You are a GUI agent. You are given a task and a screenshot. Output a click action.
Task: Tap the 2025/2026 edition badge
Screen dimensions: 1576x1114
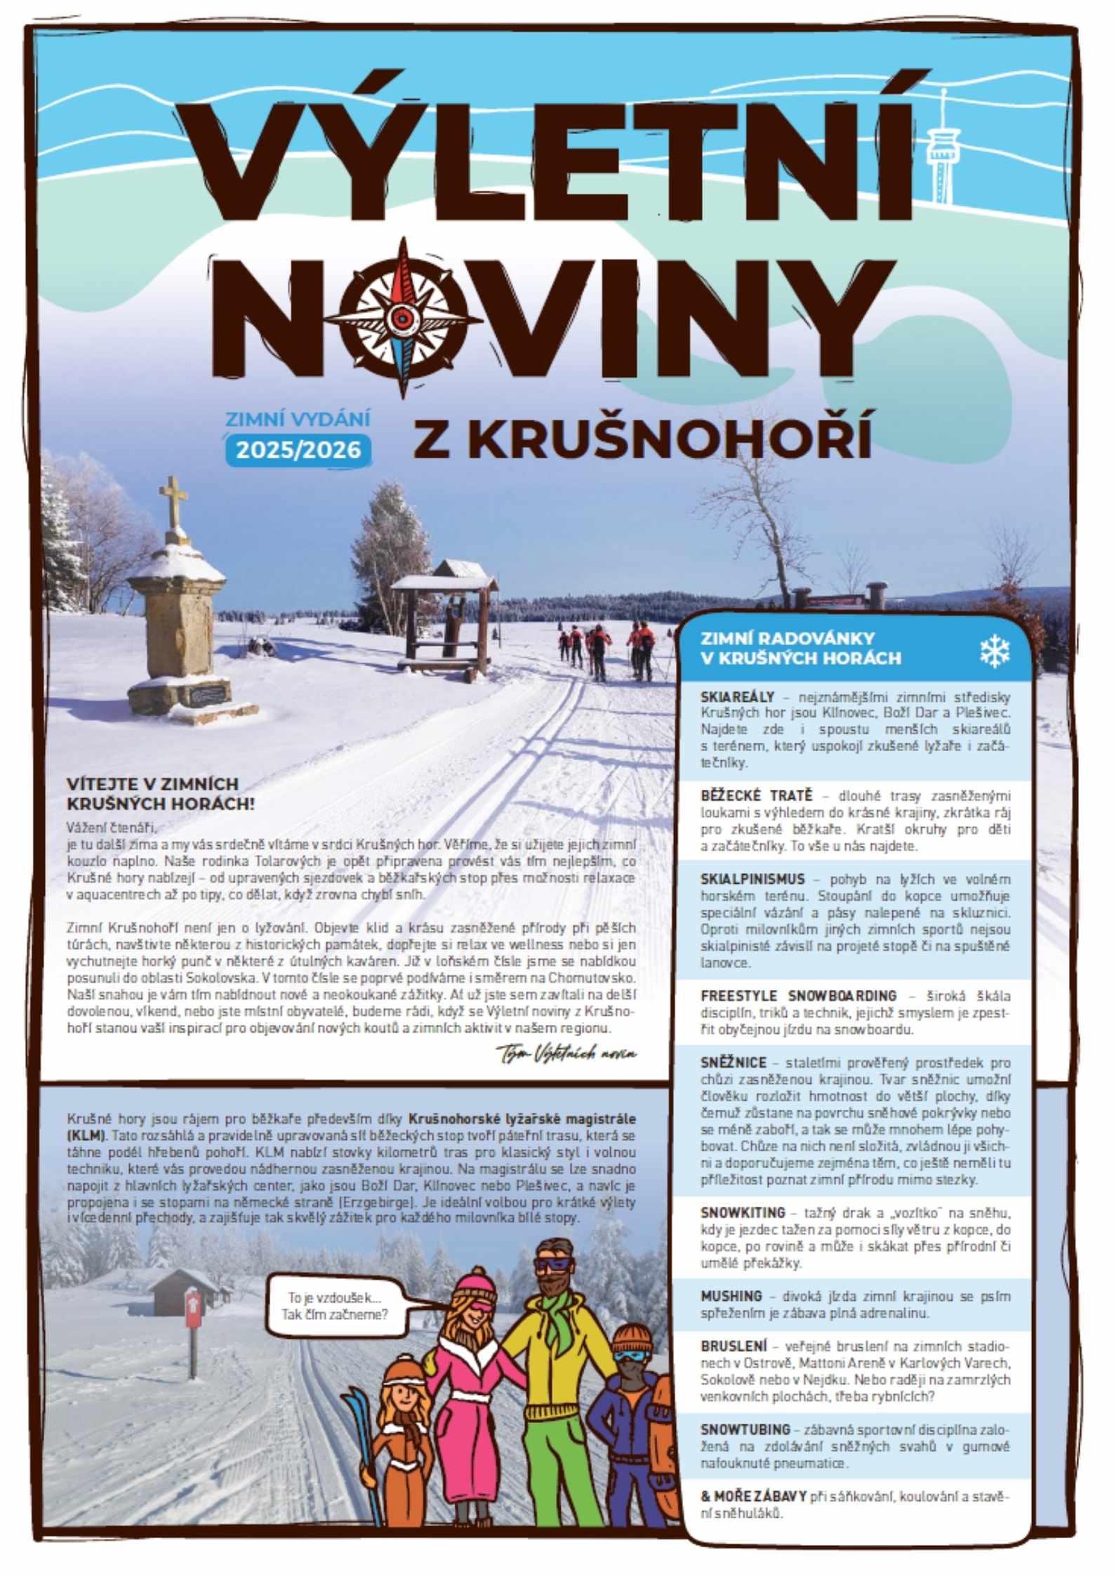tap(298, 449)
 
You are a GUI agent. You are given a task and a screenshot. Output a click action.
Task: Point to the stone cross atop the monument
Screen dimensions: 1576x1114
tap(173, 502)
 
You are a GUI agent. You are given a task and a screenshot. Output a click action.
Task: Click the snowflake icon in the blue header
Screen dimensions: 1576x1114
tap(994, 651)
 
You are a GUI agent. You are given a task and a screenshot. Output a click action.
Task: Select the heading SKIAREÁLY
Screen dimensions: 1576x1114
tap(737, 697)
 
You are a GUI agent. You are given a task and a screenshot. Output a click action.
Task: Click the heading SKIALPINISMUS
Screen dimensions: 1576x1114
tap(752, 879)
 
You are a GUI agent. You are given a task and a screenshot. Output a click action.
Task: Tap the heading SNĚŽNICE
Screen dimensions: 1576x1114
tap(734, 1063)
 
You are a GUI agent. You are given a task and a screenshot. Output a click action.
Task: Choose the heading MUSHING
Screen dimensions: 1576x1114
tap(731, 1296)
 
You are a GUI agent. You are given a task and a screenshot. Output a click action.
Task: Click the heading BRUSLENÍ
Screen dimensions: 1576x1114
tap(734, 1346)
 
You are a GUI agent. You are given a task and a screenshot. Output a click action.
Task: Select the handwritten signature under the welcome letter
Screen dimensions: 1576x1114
tap(566, 1052)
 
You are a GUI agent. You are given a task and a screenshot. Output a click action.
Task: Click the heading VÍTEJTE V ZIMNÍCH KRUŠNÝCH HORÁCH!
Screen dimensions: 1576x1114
tap(160, 793)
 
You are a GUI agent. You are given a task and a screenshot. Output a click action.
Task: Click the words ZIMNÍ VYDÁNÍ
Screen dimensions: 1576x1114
tap(297, 419)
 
